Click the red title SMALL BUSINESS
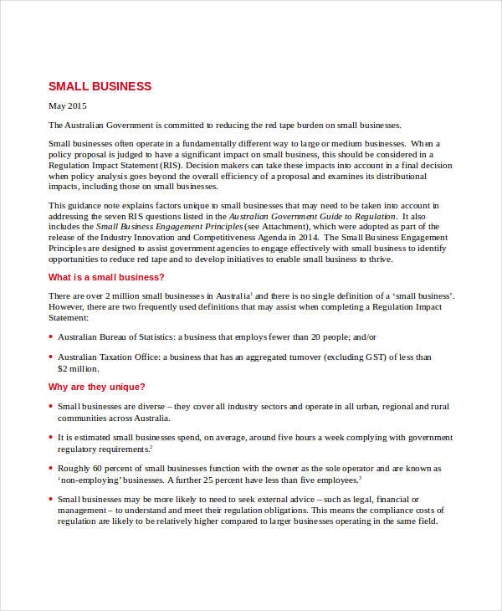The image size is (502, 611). coord(100,86)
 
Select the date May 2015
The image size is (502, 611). coord(67,106)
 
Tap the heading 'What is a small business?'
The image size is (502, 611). coord(106,277)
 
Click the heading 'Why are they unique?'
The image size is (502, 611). coord(97,387)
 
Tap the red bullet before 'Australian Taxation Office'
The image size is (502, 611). coord(50,357)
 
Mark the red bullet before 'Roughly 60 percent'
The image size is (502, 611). coord(50,469)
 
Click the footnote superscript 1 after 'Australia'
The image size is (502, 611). coord(253,293)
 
